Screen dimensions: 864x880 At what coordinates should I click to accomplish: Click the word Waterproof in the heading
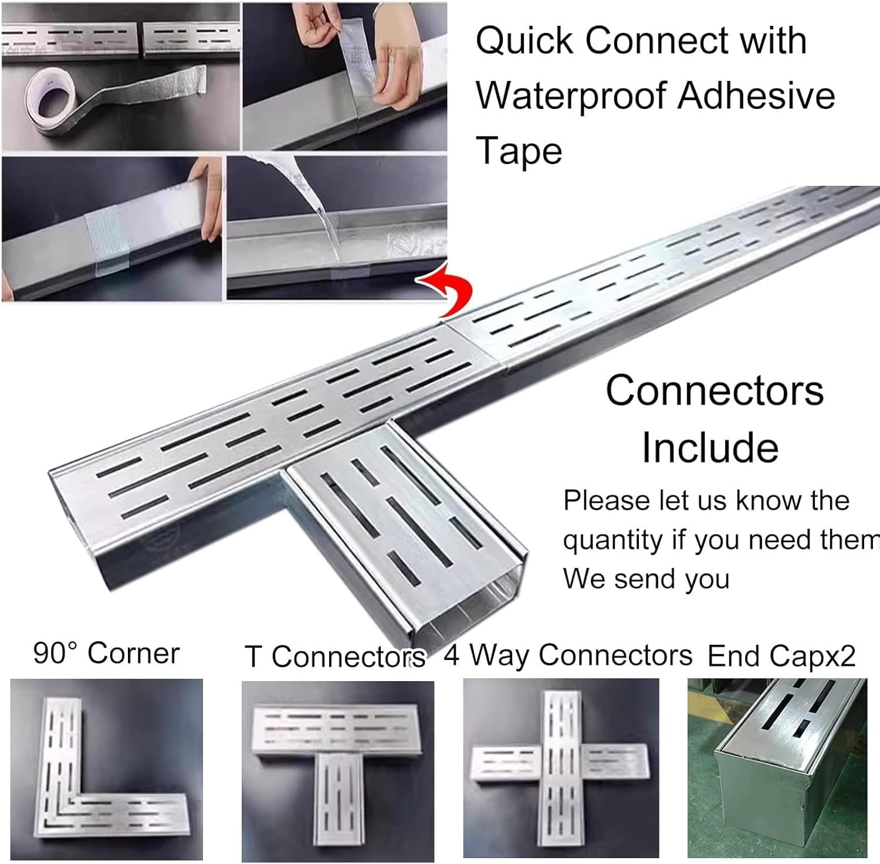coord(572,96)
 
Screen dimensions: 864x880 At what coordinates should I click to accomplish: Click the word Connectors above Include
coord(715,390)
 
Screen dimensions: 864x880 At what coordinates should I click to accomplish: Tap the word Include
coord(710,447)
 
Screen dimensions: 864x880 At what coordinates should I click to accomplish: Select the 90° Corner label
coord(106,653)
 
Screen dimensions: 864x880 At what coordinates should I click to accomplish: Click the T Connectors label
coord(334,656)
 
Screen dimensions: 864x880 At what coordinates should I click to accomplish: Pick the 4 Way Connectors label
coord(568,655)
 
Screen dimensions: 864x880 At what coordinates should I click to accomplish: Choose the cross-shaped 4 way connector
coord(560,768)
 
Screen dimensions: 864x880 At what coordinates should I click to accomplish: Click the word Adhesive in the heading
coord(756,96)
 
